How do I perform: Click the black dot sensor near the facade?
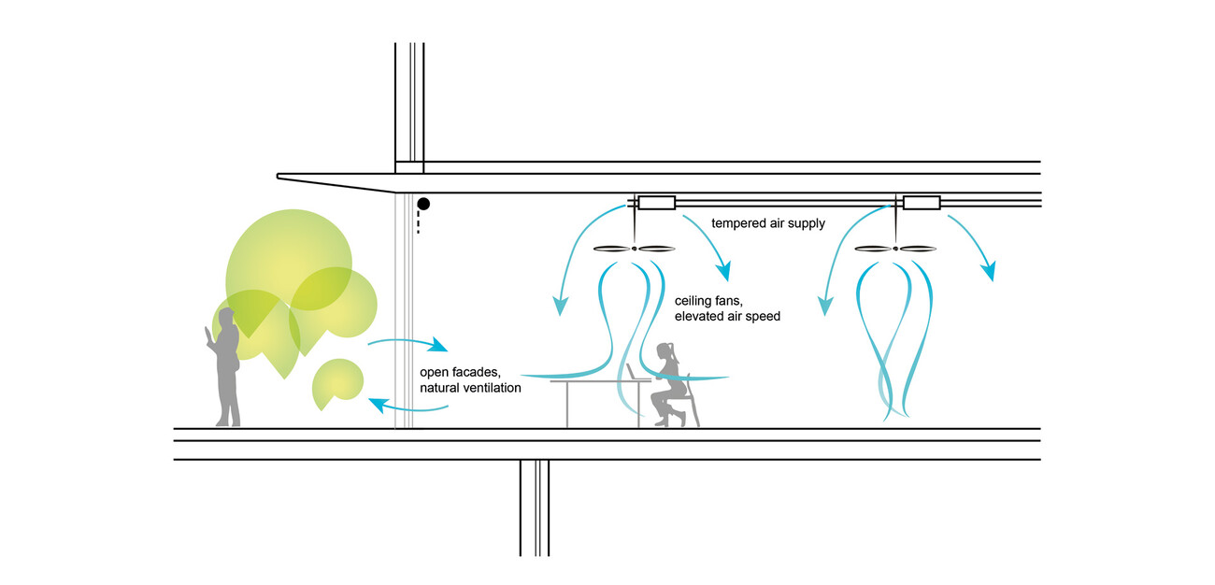click(x=423, y=203)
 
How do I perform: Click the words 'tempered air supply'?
click(x=767, y=224)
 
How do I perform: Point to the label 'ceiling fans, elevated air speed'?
click(x=727, y=309)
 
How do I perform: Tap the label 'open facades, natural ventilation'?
click(x=470, y=380)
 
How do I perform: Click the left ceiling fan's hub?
click(x=635, y=249)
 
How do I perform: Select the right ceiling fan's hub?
click(x=895, y=249)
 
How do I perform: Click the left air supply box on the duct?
click(x=655, y=203)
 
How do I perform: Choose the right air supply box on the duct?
click(x=921, y=203)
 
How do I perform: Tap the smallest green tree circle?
click(x=336, y=383)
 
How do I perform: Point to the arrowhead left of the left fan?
click(x=560, y=307)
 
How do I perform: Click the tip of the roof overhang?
click(x=279, y=176)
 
